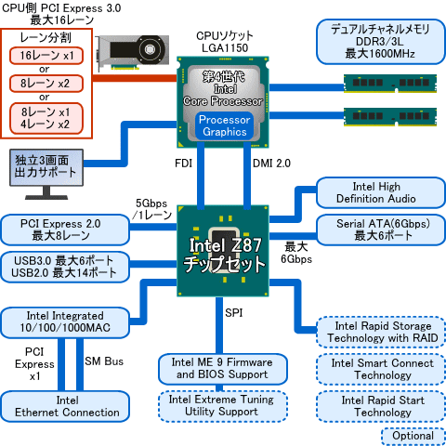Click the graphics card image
click(x=138, y=57)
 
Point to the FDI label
click(x=184, y=163)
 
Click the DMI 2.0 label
click(x=272, y=163)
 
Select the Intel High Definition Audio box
click(x=376, y=193)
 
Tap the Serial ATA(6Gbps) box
click(x=376, y=229)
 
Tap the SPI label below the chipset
click(x=234, y=312)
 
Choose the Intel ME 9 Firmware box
click(x=220, y=368)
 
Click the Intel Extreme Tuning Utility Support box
click(x=220, y=405)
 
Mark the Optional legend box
click(x=413, y=435)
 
